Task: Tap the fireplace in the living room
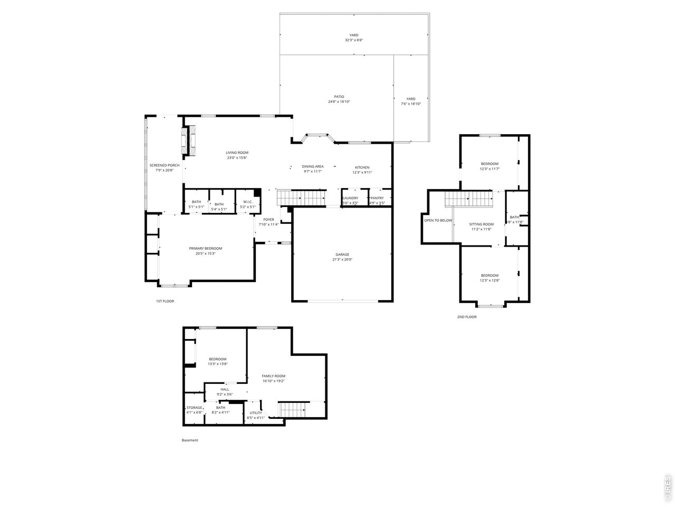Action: tap(189, 140)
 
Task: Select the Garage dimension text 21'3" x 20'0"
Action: tap(342, 259)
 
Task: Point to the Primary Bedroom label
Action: tap(206, 248)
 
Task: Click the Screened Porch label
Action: tap(164, 165)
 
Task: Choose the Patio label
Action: tap(339, 97)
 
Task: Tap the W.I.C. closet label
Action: tap(248, 202)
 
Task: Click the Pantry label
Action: tap(377, 198)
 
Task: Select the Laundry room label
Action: tap(350, 198)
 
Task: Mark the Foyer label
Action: tap(268, 219)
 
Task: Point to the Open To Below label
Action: tap(438, 220)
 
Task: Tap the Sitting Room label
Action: tap(481, 224)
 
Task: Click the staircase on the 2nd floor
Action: tap(468, 199)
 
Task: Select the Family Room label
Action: tap(274, 376)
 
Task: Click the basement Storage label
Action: tap(194, 408)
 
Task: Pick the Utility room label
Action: tap(256, 413)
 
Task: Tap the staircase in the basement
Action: tap(293, 409)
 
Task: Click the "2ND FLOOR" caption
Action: tap(467, 317)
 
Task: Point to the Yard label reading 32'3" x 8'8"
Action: tap(354, 35)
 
